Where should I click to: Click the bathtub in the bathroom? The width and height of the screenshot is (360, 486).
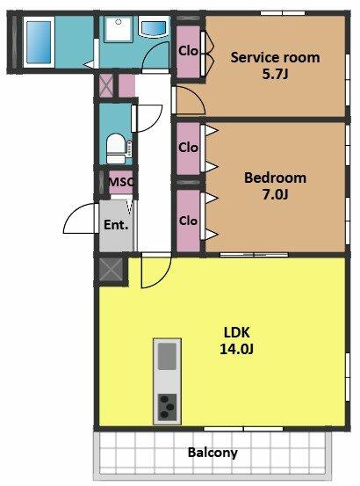pos(39,42)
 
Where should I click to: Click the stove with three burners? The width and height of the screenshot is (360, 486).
pos(167,407)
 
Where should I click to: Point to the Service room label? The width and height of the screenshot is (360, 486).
pos(275,58)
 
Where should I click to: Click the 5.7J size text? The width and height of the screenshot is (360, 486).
pos(275,75)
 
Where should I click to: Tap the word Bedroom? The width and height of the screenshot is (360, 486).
pos(275,178)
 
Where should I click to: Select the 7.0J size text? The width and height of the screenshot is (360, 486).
pos(275,194)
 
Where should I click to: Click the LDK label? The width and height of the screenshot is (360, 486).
pos(236,332)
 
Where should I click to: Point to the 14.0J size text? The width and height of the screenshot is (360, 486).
pos(236,349)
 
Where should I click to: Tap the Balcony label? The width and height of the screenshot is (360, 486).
pos(212,453)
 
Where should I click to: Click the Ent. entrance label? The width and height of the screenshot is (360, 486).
pos(116,225)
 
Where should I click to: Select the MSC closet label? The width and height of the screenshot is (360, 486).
pos(121,182)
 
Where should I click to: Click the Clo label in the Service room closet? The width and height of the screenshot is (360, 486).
pos(188,51)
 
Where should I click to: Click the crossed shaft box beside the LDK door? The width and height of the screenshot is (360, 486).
pos(111,269)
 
